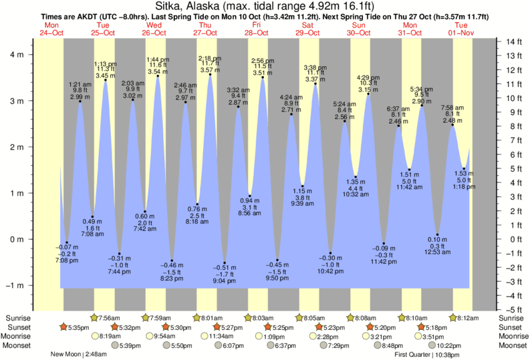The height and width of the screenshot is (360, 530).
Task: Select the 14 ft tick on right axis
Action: pos(513,42)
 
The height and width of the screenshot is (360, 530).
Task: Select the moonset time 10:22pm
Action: pos(450,345)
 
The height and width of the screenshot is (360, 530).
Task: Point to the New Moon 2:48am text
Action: pos(79,355)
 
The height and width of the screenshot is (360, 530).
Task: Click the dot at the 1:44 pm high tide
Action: pos(158,76)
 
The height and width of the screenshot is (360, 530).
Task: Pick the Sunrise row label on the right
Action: pos(511,318)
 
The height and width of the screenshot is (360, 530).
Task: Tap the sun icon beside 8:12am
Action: pos(452,318)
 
